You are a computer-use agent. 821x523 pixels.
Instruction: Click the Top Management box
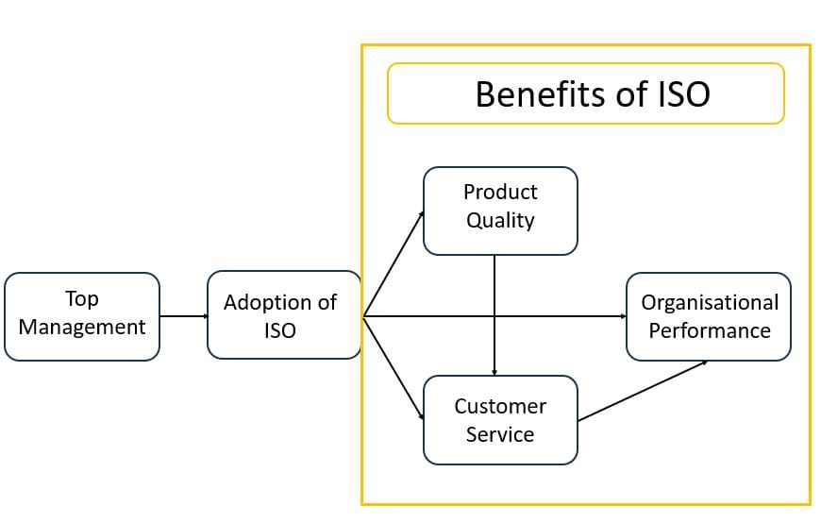82,316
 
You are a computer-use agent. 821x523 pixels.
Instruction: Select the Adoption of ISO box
284,314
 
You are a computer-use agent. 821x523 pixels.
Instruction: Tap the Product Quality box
500,211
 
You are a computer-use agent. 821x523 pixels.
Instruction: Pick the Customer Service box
500,420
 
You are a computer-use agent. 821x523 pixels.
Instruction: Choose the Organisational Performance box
709,316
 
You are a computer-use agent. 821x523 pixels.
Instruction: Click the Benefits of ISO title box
586,93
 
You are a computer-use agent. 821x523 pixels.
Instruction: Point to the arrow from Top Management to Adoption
183,316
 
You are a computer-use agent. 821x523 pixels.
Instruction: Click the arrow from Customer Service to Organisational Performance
642,391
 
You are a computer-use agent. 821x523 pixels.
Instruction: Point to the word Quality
500,221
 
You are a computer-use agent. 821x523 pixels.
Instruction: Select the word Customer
500,406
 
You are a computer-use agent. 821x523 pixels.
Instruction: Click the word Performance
710,330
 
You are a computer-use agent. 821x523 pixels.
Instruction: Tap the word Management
82,328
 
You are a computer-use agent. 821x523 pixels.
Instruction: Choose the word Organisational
710,303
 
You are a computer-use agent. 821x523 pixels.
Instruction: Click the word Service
500,434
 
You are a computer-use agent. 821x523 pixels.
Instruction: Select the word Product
500,192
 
